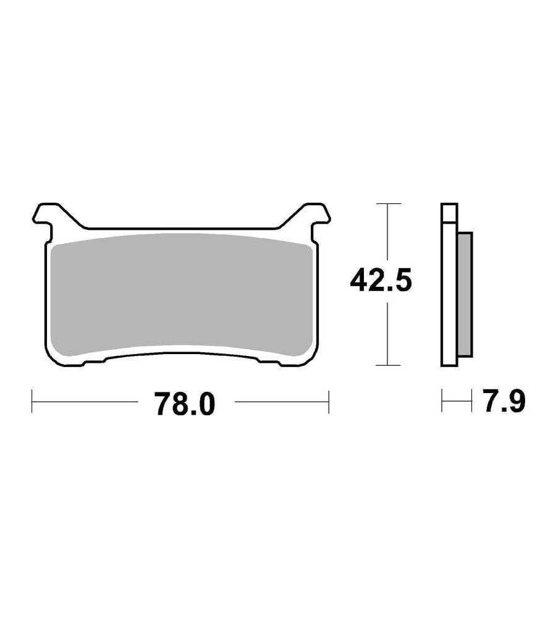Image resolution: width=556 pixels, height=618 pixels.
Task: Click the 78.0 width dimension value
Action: click(x=185, y=404)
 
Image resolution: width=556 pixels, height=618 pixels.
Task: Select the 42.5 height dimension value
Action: click(x=381, y=280)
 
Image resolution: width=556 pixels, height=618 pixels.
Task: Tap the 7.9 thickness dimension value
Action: click(x=504, y=401)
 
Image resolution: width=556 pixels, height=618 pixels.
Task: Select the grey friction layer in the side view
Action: click(x=465, y=295)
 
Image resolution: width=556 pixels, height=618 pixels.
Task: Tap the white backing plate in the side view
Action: click(x=449, y=284)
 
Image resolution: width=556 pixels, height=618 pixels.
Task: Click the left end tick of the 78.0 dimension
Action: click(x=32, y=402)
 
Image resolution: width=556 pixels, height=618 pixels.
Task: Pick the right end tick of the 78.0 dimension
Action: click(x=329, y=402)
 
